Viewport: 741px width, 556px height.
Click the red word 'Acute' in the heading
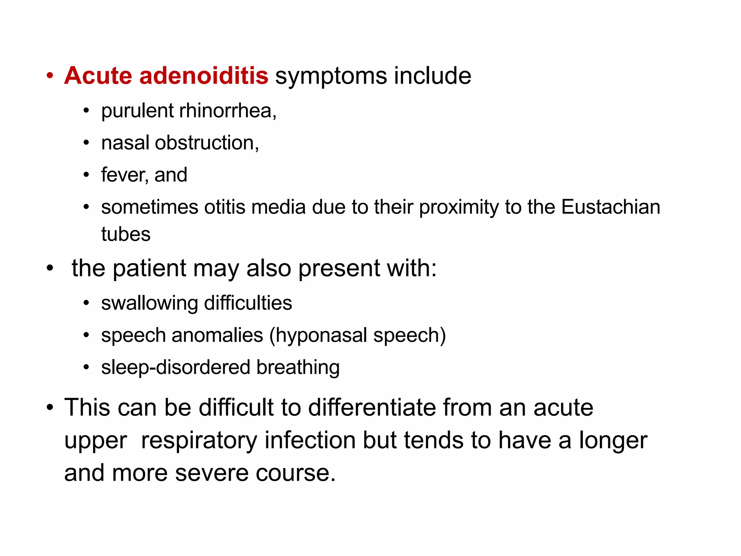pos(98,76)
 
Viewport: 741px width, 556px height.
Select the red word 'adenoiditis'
pos(204,76)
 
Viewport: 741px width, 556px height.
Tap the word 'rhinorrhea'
pos(228,110)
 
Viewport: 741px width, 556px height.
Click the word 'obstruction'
pos(207,143)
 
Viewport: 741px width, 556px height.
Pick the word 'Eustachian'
pos(611,207)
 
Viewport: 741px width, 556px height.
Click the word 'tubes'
pos(126,234)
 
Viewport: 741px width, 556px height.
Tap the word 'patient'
pos(150,268)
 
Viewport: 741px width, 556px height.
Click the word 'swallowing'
pos(149,303)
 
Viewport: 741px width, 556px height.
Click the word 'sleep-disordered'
pos(175,367)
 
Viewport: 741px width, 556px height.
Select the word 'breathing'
pos(298,367)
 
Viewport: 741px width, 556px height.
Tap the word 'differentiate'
pos(372,408)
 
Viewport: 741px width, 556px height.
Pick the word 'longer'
pos(613,441)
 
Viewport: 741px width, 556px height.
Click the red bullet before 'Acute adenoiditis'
pos(50,76)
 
